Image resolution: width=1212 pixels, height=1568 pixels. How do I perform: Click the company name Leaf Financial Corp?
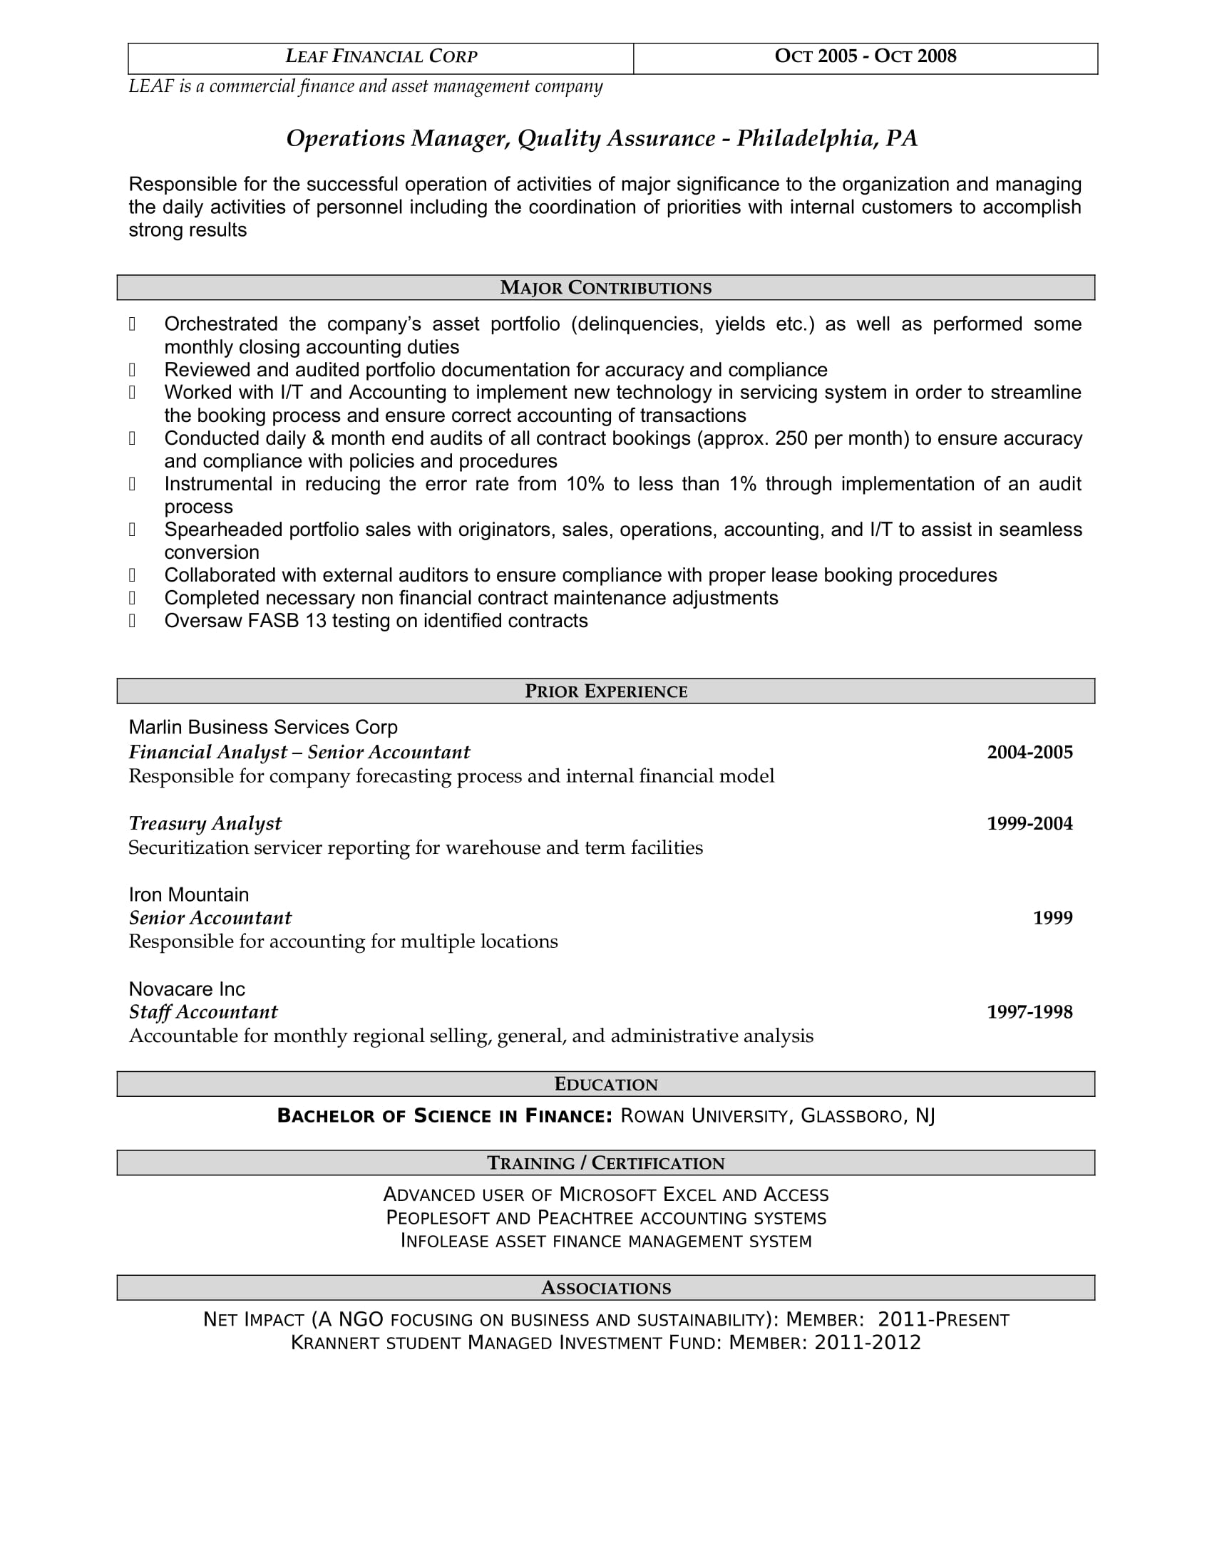pos(381,57)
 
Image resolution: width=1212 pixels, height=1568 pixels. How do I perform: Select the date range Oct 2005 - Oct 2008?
pos(866,57)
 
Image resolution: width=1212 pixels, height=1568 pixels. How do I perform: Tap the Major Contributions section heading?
pos(605,288)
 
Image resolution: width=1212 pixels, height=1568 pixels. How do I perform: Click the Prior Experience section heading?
pos(605,691)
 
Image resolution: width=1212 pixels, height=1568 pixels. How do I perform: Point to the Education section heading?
pos(605,1084)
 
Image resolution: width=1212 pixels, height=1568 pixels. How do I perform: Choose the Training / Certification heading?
pos(605,1163)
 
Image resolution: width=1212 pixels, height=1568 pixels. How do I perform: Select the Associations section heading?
pos(605,1288)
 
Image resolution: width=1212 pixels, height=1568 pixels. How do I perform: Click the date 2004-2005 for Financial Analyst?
pos(1029,753)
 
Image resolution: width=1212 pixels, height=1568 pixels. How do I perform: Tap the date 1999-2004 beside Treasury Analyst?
pos(1029,823)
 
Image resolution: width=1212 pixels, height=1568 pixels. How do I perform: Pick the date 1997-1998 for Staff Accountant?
pos(1029,1012)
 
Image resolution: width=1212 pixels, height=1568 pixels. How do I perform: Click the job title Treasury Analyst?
pos(205,823)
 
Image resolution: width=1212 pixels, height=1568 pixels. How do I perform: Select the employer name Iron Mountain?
pos(189,894)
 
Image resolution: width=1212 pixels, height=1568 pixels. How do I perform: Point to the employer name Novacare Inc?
pos(187,989)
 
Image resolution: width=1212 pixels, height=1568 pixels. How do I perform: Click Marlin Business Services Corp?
pos(263,727)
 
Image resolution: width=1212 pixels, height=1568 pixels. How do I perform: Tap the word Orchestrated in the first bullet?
pos(220,324)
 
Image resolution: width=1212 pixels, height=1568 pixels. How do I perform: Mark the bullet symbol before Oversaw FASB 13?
pos(132,621)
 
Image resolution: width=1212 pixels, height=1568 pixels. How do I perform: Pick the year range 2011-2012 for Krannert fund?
pos(867,1343)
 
